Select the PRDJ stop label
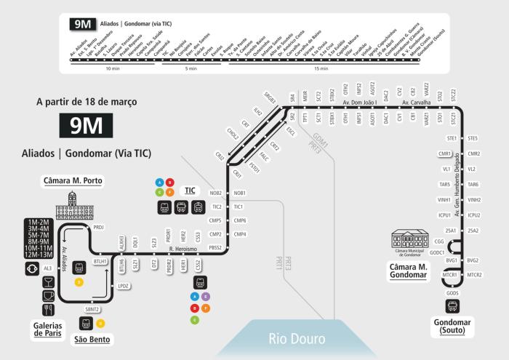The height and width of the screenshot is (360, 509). coord(99,227)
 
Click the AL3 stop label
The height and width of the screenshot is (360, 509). coord(48,268)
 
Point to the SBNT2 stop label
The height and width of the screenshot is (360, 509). coord(92,309)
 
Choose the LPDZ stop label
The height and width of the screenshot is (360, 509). coord(124,286)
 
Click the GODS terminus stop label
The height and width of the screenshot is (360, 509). coord(453,292)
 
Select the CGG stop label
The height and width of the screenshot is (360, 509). coord(438,241)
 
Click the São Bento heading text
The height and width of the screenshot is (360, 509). coord(93,339)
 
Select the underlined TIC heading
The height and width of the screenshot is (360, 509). coord(190,191)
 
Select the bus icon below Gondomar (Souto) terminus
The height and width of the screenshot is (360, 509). coord(452,306)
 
